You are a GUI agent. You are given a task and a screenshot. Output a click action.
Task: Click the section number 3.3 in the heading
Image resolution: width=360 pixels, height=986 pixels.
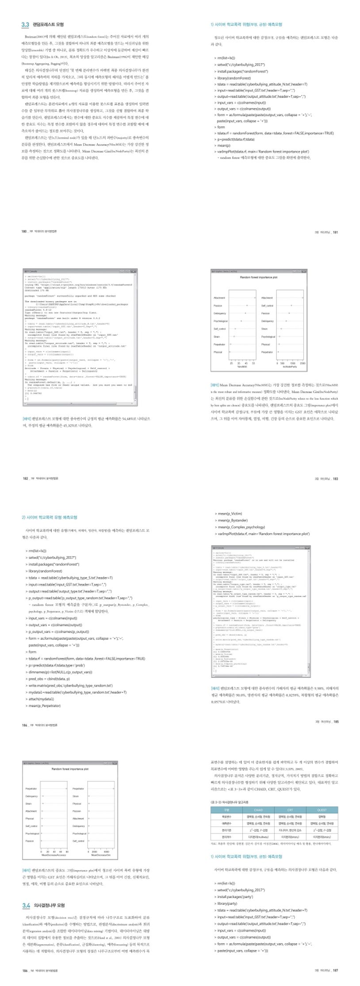pyautogui.click(x=26, y=25)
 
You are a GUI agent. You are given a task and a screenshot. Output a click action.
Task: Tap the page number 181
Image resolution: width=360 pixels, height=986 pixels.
pyautogui.click(x=335, y=232)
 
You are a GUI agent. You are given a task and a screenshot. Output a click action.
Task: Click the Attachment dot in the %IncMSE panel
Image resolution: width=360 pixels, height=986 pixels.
pyautogui.click(x=255, y=298)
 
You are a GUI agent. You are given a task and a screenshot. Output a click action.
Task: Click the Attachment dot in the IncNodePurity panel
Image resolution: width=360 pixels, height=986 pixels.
pyautogui.click(x=303, y=298)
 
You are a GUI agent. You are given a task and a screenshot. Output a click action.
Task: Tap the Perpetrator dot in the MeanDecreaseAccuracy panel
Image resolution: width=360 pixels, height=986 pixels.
pyautogui.click(x=66, y=788)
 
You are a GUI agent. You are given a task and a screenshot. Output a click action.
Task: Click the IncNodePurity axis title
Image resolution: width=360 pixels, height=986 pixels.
pyautogui.click(x=290, y=367)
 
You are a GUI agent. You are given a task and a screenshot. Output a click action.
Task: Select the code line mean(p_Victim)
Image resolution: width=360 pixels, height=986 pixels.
pyautogui.click(x=230, y=514)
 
